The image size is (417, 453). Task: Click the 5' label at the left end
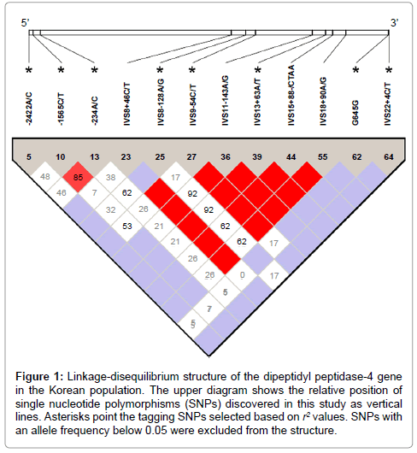click(x=25, y=22)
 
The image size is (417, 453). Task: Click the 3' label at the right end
click(x=395, y=22)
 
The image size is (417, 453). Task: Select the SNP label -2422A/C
click(x=29, y=109)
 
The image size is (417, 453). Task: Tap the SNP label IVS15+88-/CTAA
click(x=291, y=95)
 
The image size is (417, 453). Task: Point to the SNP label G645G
click(x=355, y=113)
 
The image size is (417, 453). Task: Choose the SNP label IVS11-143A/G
click(x=226, y=101)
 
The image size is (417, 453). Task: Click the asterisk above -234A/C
click(x=95, y=70)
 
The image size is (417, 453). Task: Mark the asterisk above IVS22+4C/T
click(x=389, y=70)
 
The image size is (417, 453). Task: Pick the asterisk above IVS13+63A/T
click(x=258, y=70)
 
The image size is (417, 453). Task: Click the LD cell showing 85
click(x=78, y=177)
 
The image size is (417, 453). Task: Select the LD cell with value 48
click(x=45, y=177)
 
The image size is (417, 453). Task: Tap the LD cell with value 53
click(x=127, y=226)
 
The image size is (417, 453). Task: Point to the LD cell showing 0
click(x=242, y=274)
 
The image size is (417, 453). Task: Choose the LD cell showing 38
click(x=110, y=177)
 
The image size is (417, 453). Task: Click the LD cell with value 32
click(x=110, y=209)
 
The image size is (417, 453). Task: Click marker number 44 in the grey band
click(x=291, y=157)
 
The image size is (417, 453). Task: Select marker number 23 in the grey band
click(x=126, y=157)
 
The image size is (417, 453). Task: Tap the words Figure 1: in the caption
click(x=39, y=377)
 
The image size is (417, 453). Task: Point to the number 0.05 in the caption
click(x=156, y=431)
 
